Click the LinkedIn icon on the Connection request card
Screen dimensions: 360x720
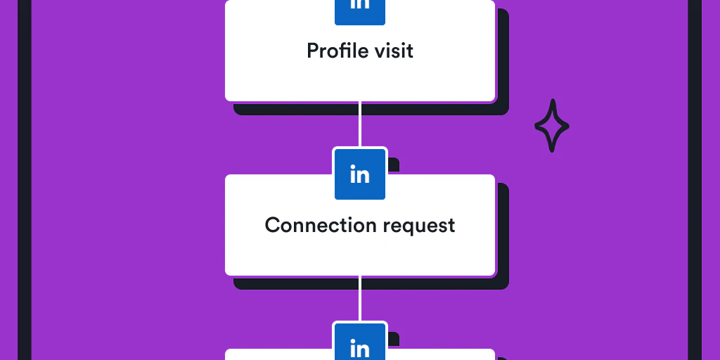[x=360, y=174]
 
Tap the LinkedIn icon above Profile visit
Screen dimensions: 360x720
[x=360, y=8]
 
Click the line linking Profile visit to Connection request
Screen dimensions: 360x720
[x=360, y=125]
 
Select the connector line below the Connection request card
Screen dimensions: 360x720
[x=360, y=299]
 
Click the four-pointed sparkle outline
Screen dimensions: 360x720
[x=552, y=126]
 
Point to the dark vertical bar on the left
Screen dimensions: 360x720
[x=25, y=180]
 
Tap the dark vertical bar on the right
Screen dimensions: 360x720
[x=695, y=180]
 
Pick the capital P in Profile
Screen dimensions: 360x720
[x=313, y=51]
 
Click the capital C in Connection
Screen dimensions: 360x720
[x=273, y=225]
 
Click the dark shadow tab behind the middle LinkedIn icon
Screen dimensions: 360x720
[x=394, y=165]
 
